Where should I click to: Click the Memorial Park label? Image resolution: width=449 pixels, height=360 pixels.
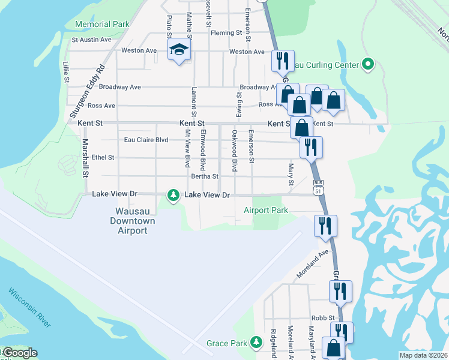pos(103,25)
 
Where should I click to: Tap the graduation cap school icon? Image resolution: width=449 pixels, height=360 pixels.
pos(178,50)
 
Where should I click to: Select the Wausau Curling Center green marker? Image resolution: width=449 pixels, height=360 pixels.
pos(368,64)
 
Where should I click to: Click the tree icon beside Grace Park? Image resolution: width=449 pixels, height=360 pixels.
pos(256,342)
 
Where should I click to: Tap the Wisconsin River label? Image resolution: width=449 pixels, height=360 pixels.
pos(29,308)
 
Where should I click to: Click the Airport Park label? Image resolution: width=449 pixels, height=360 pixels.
pos(266,210)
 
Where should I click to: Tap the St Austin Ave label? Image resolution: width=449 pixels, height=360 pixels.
pos(92,40)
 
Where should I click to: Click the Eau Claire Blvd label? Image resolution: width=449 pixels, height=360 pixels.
pos(146,140)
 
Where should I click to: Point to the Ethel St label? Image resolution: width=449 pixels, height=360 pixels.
pos(103,158)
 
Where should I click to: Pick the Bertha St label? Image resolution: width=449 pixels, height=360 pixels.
pos(204,176)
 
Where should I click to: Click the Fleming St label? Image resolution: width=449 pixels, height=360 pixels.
pos(226,32)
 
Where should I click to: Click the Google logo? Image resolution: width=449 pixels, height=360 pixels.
pos(20,353)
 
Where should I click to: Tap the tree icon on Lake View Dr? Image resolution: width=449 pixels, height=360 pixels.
pos(173,195)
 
